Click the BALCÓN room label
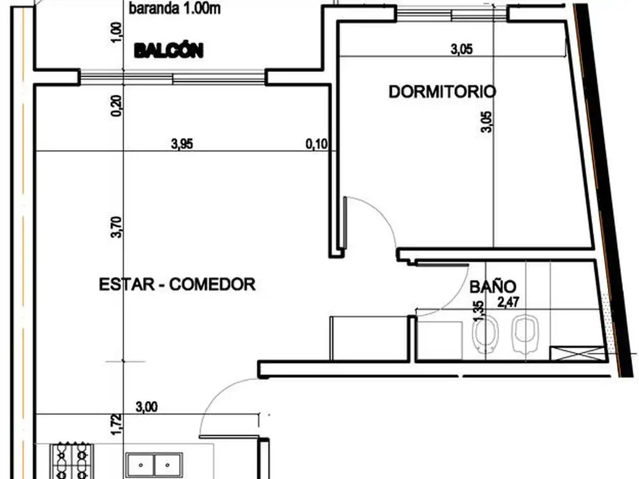(x=168, y=51)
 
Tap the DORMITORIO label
(x=442, y=92)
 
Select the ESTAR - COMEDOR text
(x=177, y=284)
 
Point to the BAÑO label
(x=493, y=287)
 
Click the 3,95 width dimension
(x=182, y=144)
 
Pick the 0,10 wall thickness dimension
(x=316, y=144)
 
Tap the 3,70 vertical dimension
(x=117, y=227)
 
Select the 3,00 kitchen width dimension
(x=147, y=407)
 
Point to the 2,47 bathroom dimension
(x=508, y=302)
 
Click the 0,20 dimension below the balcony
(x=117, y=106)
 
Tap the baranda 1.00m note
(x=175, y=9)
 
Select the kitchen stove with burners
(x=72, y=461)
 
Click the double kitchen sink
(x=154, y=465)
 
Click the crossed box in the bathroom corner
(x=577, y=354)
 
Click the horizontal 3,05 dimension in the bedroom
(x=462, y=50)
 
